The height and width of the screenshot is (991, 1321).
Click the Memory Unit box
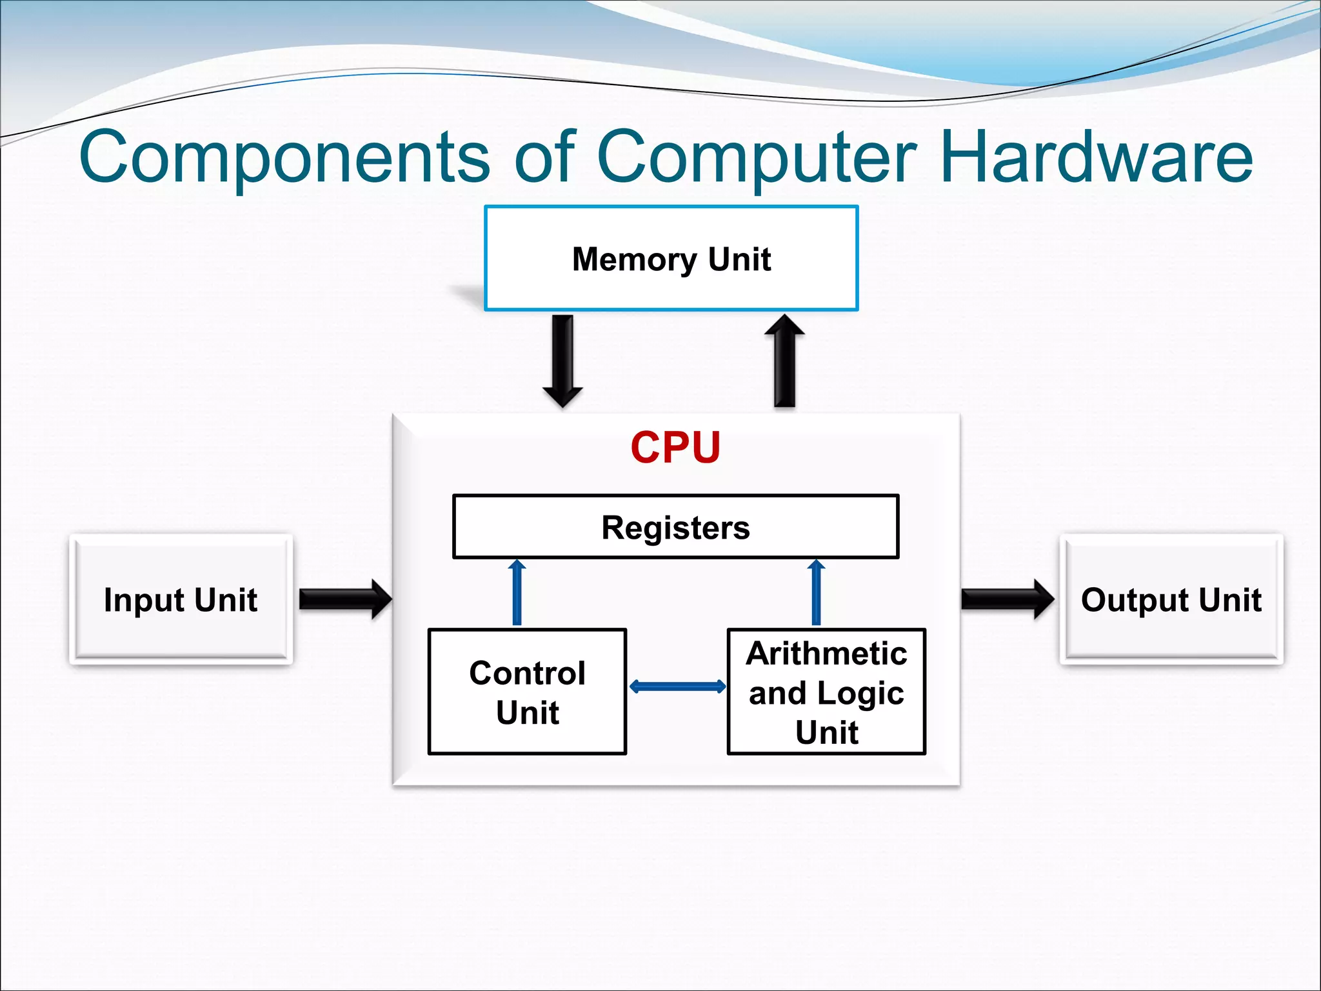[671, 258]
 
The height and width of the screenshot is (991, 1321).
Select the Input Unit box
[181, 599]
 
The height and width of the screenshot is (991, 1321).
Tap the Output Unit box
[1171, 599]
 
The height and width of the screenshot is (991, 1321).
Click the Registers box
[675, 526]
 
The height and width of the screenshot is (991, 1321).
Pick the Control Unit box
[527, 692]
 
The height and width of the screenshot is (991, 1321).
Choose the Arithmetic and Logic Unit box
[826, 692]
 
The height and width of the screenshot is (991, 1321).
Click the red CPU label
[675, 447]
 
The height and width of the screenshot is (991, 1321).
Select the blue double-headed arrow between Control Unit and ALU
[677, 686]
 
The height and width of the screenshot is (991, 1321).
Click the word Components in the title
[284, 157]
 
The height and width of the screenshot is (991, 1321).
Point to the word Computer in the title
[756, 157]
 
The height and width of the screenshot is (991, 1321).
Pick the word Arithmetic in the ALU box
[826, 654]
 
